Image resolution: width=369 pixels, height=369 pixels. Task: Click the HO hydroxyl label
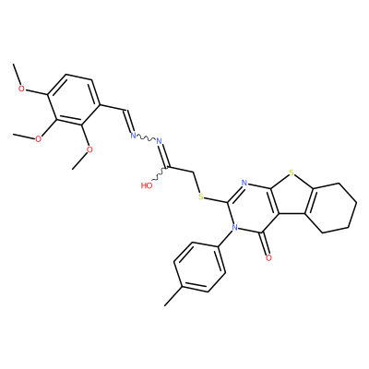[x=147, y=185]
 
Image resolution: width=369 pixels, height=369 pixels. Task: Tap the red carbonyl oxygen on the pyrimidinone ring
[x=268, y=257]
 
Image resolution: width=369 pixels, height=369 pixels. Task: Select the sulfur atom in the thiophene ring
[x=292, y=173]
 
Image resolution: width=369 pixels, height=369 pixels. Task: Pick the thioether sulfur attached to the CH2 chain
[x=201, y=196]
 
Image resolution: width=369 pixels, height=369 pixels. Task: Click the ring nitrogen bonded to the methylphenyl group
[x=235, y=228]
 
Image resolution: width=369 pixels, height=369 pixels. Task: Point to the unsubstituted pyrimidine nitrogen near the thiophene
[x=244, y=184]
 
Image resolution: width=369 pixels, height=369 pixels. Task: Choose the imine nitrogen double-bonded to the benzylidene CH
[x=133, y=135]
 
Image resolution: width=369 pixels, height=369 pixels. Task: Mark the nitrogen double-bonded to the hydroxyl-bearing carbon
[x=159, y=141]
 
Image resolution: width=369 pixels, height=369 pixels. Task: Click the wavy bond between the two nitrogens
[x=146, y=138]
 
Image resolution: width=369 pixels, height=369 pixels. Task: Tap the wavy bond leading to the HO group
[x=161, y=173]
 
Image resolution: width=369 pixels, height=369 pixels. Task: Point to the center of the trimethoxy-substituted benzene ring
[x=74, y=100]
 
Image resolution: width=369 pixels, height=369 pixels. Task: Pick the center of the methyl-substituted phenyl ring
[x=199, y=267]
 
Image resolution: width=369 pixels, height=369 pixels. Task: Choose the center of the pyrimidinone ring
[x=252, y=208]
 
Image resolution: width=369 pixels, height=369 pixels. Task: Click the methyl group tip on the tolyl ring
[x=165, y=306]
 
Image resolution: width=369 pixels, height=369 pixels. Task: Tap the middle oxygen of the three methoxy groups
[x=38, y=139]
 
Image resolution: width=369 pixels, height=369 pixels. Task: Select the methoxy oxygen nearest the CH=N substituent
[x=89, y=149]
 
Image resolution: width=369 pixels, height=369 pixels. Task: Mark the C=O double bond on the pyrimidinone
[x=266, y=244]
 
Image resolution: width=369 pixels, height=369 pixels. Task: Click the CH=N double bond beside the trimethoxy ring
[x=129, y=121]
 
